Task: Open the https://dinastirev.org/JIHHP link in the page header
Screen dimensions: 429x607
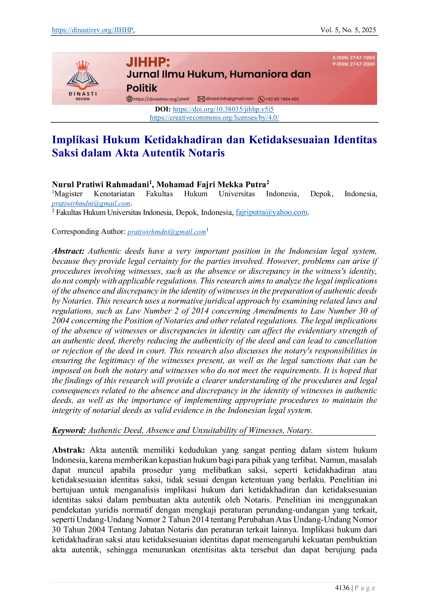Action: pyautogui.click(x=92, y=30)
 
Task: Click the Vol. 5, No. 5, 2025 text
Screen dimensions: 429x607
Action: pyautogui.click(x=348, y=30)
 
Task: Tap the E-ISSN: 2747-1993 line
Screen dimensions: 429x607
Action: pyautogui.click(x=354, y=58)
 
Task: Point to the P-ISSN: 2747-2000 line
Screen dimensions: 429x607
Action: pyautogui.click(x=354, y=64)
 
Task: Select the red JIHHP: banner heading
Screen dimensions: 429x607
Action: pyautogui.click(x=148, y=62)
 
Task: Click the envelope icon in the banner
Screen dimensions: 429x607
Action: pyautogui.click(x=201, y=99)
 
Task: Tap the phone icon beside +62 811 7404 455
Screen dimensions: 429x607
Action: pyautogui.click(x=261, y=99)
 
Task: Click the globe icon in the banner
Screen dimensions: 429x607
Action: pyautogui.click(x=129, y=99)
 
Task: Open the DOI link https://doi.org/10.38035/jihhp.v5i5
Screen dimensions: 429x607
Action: pyautogui.click(x=223, y=109)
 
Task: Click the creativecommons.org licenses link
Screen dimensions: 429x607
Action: pyautogui.click(x=214, y=118)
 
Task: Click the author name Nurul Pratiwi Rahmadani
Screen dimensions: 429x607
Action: pyautogui.click(x=100, y=184)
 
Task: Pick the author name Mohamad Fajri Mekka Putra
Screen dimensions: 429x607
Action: pyautogui.click(x=211, y=184)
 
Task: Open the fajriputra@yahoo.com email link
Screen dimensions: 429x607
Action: pyautogui.click(x=272, y=212)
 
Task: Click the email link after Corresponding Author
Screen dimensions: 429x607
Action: pyautogui.click(x=167, y=232)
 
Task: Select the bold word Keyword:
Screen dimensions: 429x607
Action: pyautogui.click(x=69, y=431)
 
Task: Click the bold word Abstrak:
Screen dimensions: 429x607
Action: pyautogui.click(x=69, y=450)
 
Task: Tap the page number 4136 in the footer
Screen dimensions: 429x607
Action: pyautogui.click(x=342, y=588)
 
